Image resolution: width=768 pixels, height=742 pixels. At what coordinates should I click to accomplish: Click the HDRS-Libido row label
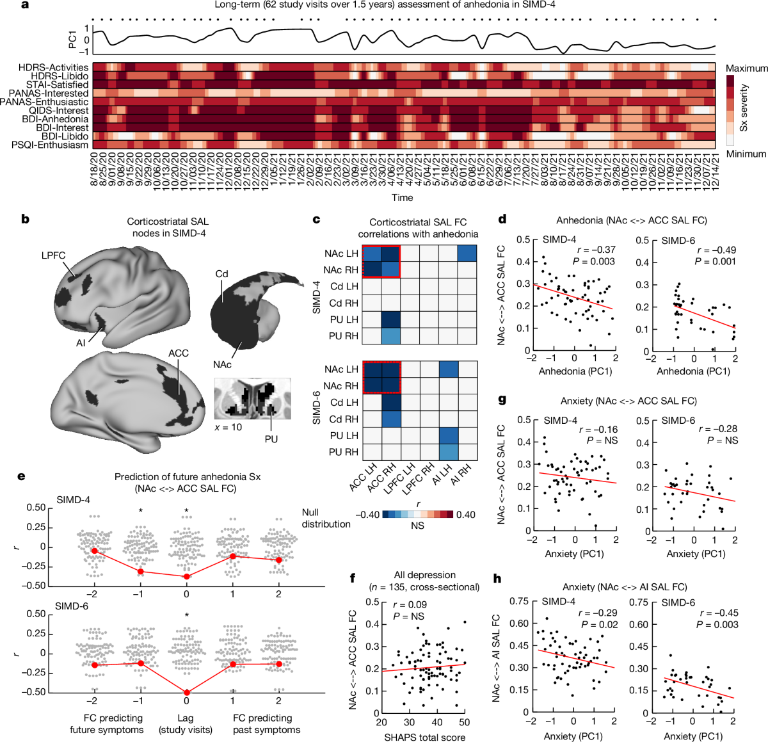[x=60, y=76]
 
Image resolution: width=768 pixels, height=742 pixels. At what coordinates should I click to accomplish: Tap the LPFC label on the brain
[x=54, y=255]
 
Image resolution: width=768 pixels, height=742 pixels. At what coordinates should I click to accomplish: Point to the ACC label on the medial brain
[x=179, y=353]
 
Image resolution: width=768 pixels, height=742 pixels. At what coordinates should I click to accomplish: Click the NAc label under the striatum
[x=222, y=364]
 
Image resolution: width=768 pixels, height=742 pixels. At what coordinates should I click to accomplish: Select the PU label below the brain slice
[x=271, y=439]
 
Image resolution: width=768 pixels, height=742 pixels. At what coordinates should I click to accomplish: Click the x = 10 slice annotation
[x=228, y=427]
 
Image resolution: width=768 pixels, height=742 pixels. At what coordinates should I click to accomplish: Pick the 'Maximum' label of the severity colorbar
[x=746, y=69]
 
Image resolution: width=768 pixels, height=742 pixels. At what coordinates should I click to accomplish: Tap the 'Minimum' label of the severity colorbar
[x=746, y=154]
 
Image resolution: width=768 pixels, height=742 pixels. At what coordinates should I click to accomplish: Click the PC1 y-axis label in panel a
[x=72, y=40]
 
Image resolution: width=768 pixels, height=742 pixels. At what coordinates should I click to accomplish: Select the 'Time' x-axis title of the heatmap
[x=402, y=198]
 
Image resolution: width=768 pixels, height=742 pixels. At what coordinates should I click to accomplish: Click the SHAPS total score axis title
[x=424, y=737]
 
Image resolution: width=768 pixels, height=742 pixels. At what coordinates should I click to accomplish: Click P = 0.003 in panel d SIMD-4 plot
[x=594, y=261]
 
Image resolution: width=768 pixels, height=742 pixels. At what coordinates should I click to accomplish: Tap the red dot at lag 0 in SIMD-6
[x=187, y=692]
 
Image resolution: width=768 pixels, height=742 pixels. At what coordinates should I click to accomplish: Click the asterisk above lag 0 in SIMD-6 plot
[x=187, y=616]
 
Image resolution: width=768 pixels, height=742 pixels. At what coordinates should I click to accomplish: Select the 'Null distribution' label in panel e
[x=326, y=518]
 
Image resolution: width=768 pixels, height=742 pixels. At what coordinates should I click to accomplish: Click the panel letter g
[x=502, y=400]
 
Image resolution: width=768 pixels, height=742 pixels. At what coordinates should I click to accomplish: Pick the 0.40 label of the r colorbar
[x=465, y=515]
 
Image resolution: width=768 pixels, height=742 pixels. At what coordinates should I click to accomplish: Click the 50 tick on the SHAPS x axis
[x=464, y=722]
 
